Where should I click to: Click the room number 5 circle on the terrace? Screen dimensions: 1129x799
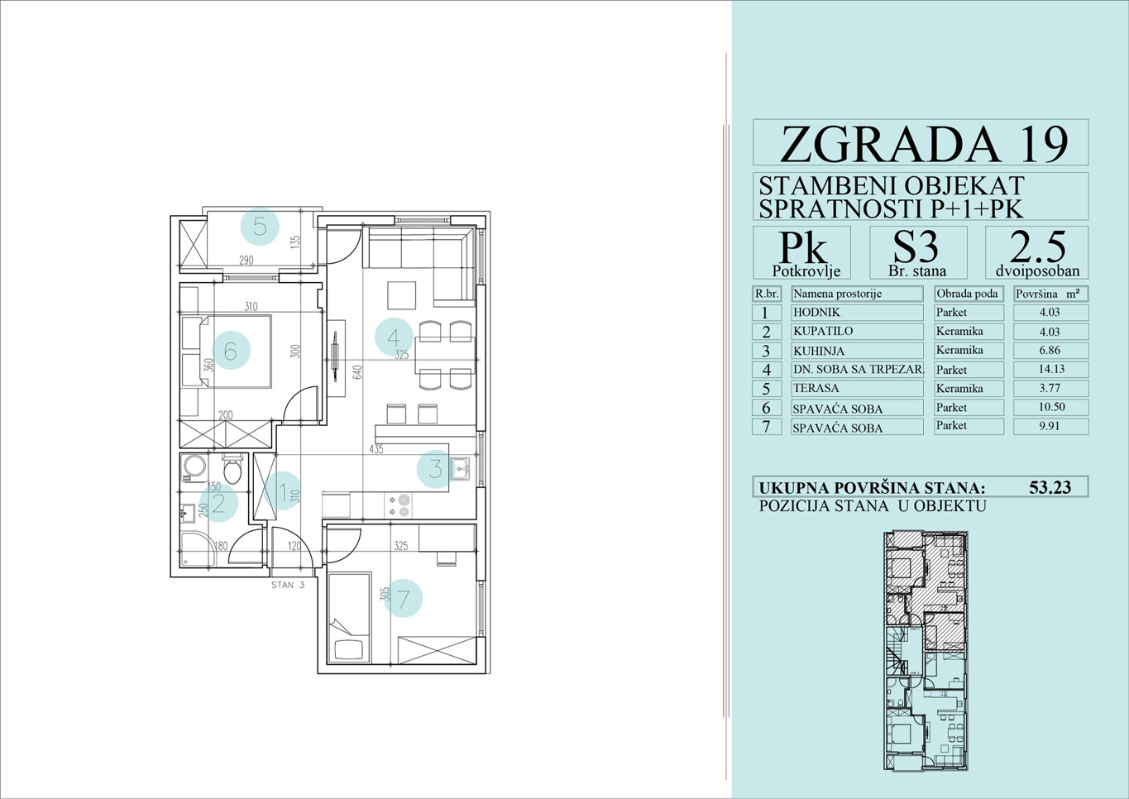pos(260,227)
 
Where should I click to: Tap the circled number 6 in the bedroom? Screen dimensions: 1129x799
pos(231,351)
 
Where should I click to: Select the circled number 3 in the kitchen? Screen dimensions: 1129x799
pos(435,469)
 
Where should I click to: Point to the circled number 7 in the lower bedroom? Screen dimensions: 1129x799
pos(403,598)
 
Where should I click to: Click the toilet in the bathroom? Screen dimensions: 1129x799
pos(232,470)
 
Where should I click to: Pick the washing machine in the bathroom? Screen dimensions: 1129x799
pos(194,466)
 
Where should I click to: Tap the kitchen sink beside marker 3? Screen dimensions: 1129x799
pos(460,469)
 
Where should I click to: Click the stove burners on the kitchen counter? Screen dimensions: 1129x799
pos(404,505)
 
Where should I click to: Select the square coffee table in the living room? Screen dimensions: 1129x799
pos(401,295)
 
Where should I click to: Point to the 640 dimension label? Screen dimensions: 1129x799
pos(357,372)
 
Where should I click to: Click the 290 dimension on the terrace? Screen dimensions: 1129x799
pos(246,260)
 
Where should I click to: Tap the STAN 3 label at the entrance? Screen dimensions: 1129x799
pos(288,586)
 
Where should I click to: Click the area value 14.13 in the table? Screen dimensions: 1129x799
pos(1051,369)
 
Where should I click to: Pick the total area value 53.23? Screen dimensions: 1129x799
pos(1050,487)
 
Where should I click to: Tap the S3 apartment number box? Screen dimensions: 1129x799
pos(918,252)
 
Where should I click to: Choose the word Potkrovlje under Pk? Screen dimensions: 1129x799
pos(806,271)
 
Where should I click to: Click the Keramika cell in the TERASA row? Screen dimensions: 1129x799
pos(959,388)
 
